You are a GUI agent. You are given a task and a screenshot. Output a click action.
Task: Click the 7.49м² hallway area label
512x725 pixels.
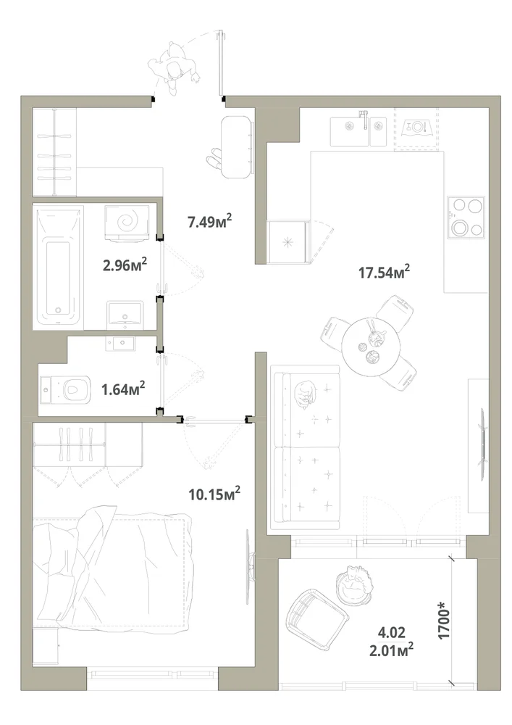[209, 221]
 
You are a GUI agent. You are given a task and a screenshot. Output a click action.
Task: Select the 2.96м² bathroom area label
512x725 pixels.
[125, 265]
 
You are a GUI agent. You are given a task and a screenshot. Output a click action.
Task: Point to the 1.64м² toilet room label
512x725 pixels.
[123, 389]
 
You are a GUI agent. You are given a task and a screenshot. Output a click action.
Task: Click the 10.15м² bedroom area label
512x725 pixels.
[214, 493]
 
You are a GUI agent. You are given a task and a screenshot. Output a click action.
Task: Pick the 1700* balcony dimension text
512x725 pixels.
[444, 623]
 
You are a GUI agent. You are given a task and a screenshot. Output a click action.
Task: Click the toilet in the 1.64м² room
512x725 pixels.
[64, 389]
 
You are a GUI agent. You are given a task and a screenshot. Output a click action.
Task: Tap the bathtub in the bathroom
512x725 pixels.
[58, 266]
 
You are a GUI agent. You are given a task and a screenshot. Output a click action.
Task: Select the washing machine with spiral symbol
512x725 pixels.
[127, 223]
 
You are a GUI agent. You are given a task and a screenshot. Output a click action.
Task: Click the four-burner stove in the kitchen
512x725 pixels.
[466, 217]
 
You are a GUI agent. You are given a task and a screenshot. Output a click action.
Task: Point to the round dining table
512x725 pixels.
[371, 342]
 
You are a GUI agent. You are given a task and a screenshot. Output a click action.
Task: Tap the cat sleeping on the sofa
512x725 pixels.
[303, 394]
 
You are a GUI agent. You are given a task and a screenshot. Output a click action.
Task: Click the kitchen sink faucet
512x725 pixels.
[364, 120]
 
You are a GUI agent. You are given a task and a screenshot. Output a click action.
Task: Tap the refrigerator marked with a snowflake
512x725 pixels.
[288, 241]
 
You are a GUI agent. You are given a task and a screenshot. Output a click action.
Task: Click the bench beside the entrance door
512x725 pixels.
[238, 146]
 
